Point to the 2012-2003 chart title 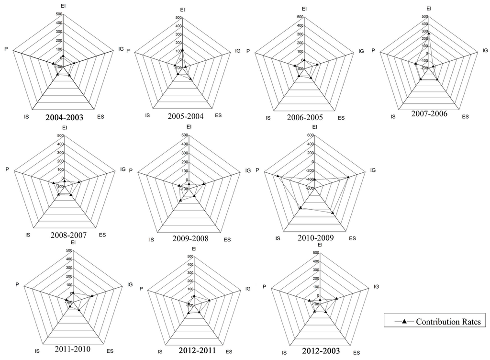pos(321,351)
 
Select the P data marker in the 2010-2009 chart pos(277,176)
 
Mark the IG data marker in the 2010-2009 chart pos(348,177)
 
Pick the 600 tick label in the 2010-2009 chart pos(310,135)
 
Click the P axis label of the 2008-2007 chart pos(7,169)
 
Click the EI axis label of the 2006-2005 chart pos(304,8)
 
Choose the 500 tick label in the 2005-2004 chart pos(178,18)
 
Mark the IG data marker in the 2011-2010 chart pos(91,296)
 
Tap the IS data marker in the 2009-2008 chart pos(180,201)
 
